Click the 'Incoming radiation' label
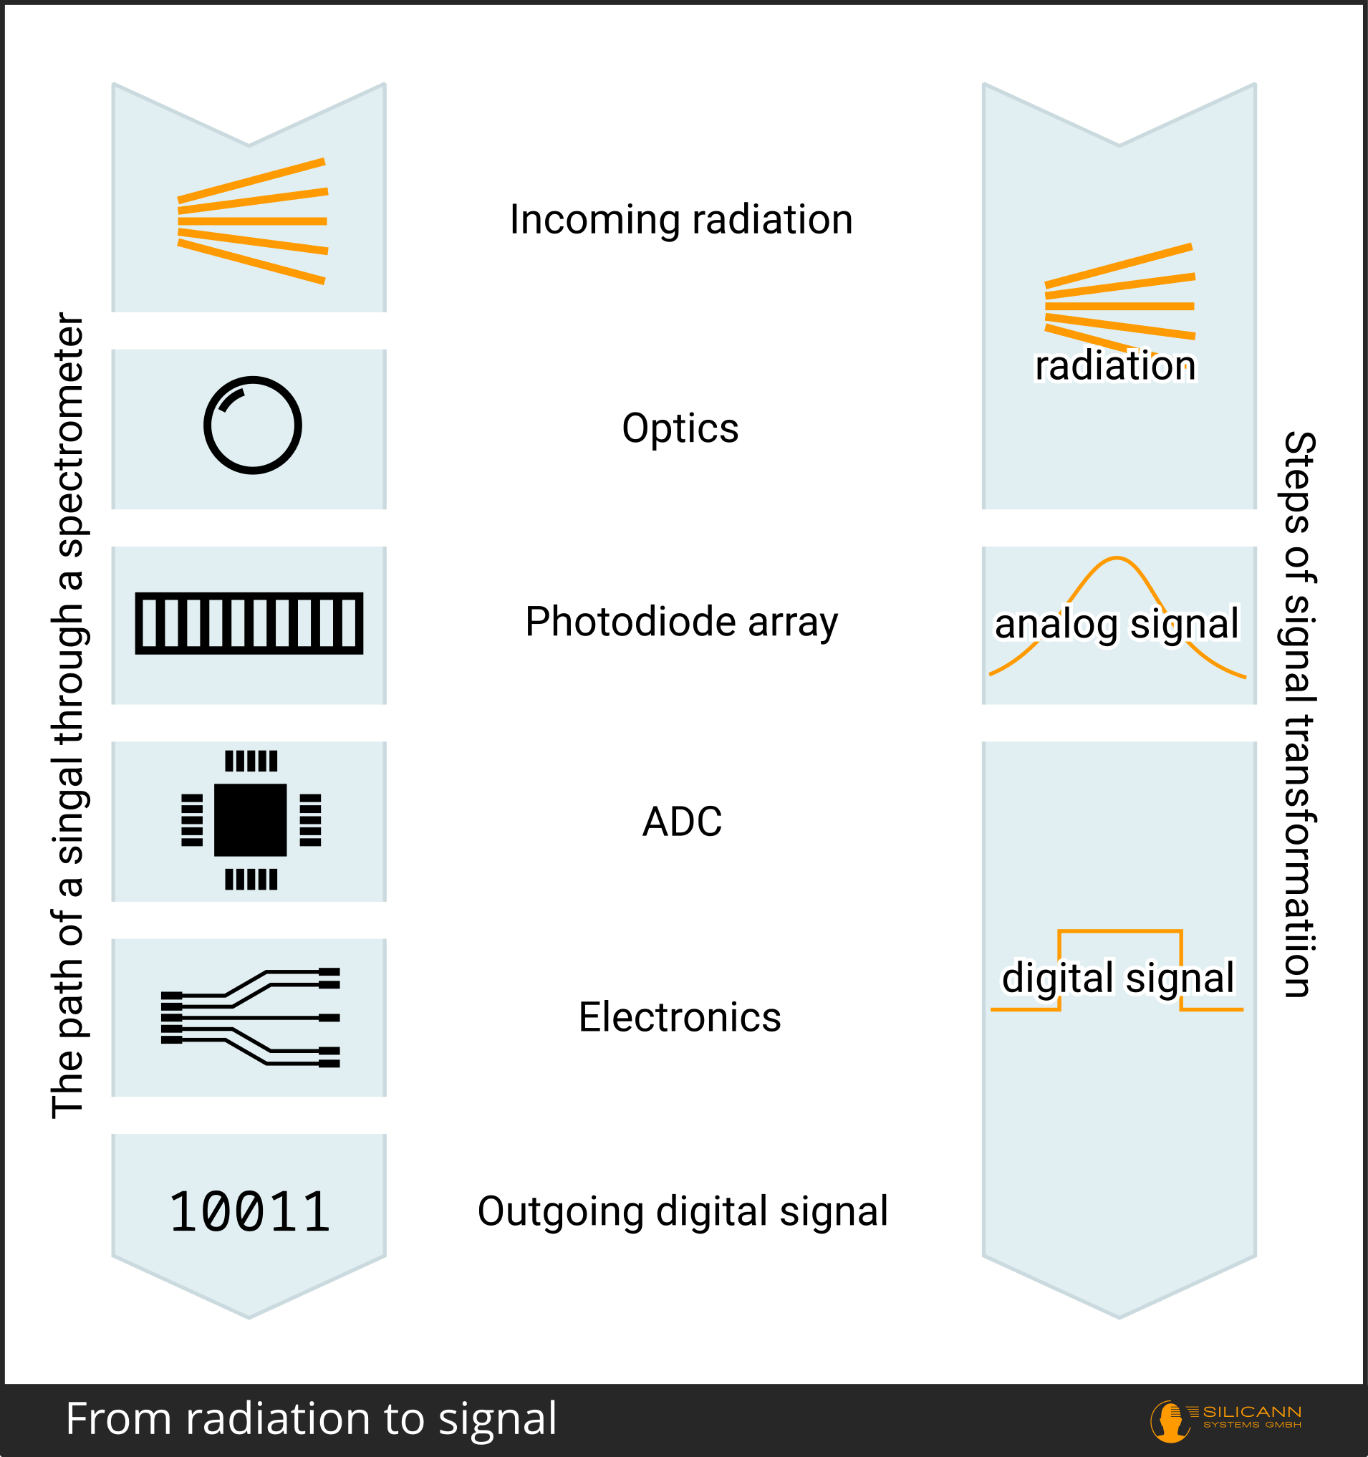(680, 220)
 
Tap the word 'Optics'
(680, 428)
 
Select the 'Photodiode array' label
(680, 622)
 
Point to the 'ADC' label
(681, 822)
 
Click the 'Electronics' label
(679, 1017)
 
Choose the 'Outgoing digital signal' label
(682, 1211)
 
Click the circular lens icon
(252, 425)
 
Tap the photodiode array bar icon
(249, 623)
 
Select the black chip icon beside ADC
(251, 820)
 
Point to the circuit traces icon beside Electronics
(251, 1017)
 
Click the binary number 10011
(249, 1213)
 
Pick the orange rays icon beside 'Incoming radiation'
(252, 221)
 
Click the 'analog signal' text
(1116, 624)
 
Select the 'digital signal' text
(1117, 978)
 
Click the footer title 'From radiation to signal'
(311, 1418)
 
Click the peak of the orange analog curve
(1115, 559)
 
